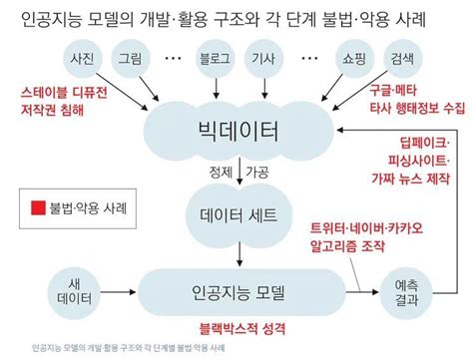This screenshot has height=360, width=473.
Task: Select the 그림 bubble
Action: pos(131,57)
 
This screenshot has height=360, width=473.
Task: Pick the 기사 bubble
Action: pos(264,57)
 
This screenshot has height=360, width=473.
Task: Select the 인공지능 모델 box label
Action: pos(237,292)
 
